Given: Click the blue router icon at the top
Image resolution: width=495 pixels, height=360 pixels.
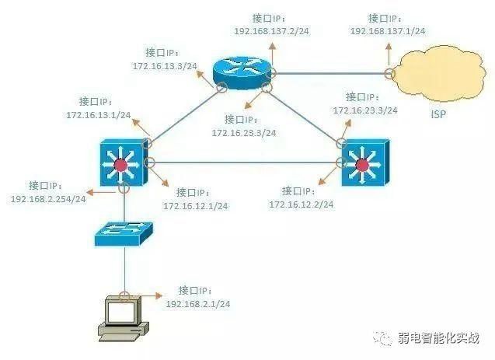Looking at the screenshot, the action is pos(242,73).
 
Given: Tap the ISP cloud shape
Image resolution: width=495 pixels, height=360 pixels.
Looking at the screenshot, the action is pos(441,74).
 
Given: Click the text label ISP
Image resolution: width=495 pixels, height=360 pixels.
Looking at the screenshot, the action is pos(439,114).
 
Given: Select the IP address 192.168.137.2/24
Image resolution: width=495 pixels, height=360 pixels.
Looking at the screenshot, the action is pos(271,31).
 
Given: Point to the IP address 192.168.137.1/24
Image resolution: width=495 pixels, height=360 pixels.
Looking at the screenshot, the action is pos(388,31).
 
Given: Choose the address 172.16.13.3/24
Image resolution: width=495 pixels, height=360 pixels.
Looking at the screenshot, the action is pos(165,66).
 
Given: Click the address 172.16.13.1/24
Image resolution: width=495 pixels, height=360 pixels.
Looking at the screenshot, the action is pos(99,115).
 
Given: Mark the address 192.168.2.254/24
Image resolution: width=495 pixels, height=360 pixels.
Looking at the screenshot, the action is pos(48,199).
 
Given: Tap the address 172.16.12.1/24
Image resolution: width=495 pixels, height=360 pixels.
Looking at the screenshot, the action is pos(195,206).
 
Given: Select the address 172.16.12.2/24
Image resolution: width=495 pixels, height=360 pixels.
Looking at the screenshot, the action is pos(302,204).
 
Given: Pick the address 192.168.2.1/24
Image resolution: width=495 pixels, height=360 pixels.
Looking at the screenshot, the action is pos(198,304).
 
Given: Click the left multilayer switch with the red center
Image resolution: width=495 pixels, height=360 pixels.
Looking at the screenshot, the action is pos(124,163).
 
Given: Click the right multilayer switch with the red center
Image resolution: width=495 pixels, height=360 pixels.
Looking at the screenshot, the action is pos(365,163).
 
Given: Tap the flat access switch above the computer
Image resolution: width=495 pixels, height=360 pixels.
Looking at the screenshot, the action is pos(124,234).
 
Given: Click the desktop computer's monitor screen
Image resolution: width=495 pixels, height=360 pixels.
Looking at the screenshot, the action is pos(121,312).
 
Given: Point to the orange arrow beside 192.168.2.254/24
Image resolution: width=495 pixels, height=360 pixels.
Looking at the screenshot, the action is pos(101,192).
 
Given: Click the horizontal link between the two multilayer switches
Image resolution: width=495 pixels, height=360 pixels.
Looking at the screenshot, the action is pos(245,163).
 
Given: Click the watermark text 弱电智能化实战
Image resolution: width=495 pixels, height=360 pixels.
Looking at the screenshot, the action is pos(439,338).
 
